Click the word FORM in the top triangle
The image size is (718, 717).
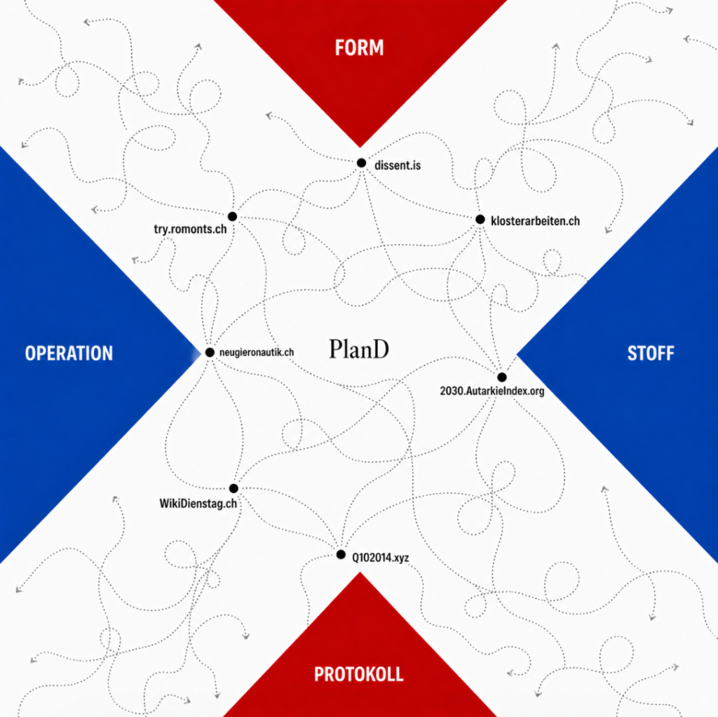359,48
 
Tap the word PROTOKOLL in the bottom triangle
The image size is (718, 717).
358,674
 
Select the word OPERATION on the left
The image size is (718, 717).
69,354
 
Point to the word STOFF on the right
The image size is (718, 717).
650,354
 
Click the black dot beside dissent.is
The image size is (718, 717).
361,163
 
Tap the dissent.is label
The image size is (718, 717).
398,166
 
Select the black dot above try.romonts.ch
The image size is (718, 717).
232,216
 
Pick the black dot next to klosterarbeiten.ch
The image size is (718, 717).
480,220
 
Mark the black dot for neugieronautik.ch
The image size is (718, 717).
210,352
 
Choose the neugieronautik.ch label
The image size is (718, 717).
257,352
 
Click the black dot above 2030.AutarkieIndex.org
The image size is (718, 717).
502,377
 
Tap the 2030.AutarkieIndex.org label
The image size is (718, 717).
491,391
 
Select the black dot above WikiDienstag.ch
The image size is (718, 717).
233,488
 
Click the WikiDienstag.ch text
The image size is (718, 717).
198,503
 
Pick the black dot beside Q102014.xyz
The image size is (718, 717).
341,554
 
